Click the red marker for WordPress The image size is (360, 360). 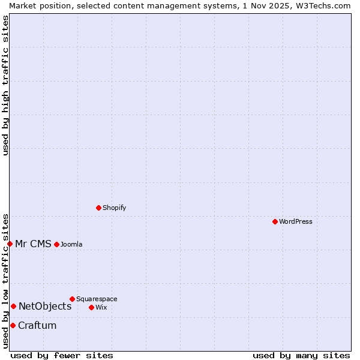[x=275, y=221]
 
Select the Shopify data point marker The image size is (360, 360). [x=98, y=208]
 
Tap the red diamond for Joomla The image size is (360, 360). [x=56, y=244]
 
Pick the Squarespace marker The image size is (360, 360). [x=72, y=299]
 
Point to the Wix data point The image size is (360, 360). [x=91, y=307]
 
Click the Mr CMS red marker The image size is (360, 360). [x=10, y=244]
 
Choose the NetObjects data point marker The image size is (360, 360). [x=13, y=306]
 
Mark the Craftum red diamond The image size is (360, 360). [x=13, y=325]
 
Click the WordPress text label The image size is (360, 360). [x=295, y=221]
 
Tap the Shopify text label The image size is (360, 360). [x=114, y=208]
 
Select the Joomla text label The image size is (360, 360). [x=71, y=244]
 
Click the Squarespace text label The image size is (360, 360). [x=97, y=299]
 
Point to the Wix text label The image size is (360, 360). [x=101, y=307]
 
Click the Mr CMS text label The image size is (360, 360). [x=33, y=244]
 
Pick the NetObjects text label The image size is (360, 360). [x=45, y=306]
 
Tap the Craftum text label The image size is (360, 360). [x=37, y=325]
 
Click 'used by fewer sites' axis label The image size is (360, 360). [x=62, y=355]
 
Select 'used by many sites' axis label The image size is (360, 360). [x=301, y=355]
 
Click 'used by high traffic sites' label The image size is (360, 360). [x=5, y=85]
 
